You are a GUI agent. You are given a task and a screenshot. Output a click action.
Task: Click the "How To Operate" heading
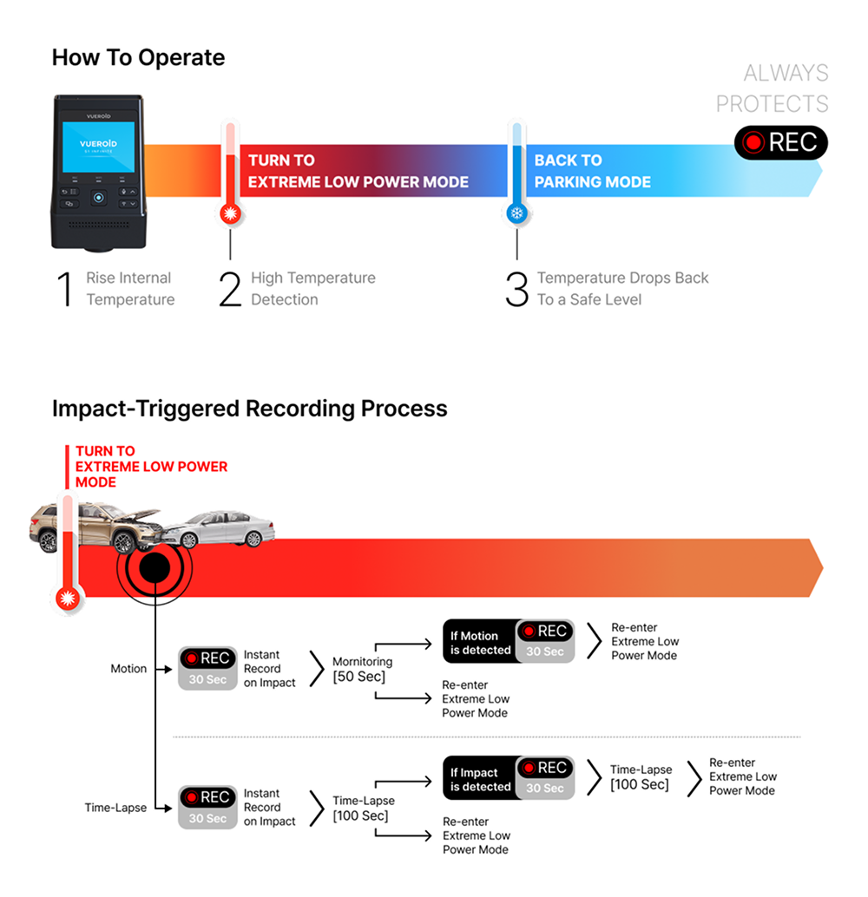(x=138, y=58)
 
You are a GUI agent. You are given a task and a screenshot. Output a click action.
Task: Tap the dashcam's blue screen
(x=98, y=147)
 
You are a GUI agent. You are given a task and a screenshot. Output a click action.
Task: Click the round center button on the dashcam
(x=98, y=198)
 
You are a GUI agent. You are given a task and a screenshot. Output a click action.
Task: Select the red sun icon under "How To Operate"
(x=231, y=214)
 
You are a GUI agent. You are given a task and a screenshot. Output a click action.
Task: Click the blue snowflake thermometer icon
(x=517, y=214)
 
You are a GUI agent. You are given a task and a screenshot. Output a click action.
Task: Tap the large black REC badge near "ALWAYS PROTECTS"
(x=781, y=142)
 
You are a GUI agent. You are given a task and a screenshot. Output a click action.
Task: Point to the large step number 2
(x=230, y=289)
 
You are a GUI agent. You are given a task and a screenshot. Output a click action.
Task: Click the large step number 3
(x=517, y=289)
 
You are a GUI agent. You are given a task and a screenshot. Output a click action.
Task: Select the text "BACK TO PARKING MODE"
(x=592, y=171)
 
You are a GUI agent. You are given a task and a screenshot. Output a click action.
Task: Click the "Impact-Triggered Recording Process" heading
(x=250, y=409)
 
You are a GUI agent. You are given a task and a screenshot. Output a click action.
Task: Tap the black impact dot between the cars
(x=155, y=567)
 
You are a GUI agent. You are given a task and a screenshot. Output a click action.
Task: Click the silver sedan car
(x=220, y=527)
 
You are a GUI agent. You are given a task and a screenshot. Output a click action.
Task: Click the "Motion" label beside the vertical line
(x=128, y=669)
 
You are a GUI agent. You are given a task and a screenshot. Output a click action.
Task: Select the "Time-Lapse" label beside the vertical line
(x=115, y=808)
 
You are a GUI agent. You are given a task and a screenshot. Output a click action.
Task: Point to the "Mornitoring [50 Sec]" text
(x=363, y=669)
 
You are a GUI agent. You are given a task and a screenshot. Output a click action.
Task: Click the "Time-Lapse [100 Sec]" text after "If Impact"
(x=641, y=777)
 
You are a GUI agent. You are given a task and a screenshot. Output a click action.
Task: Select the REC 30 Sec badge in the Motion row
(x=207, y=668)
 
